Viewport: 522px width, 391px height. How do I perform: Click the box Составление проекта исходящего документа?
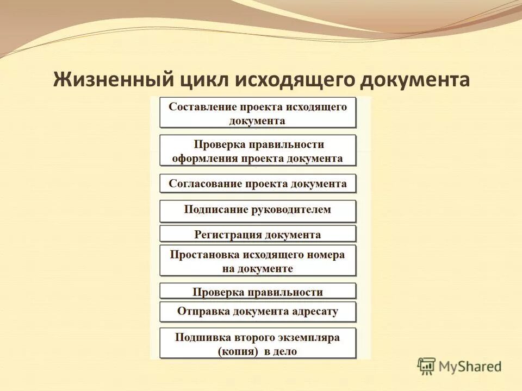258,113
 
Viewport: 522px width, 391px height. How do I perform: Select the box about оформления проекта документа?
258,151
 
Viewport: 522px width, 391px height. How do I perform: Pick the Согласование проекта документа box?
258,184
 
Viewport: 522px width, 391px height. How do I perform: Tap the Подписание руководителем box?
258,211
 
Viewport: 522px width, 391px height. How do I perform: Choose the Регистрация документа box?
258,235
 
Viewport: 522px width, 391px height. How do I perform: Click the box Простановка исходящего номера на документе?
258,261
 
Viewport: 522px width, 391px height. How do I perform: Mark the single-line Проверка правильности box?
258,292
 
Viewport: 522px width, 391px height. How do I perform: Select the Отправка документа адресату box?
258,312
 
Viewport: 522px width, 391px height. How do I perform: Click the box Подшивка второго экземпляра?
258,344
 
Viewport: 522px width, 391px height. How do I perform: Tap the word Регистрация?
228,235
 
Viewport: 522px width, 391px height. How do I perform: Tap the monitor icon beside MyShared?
427,365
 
